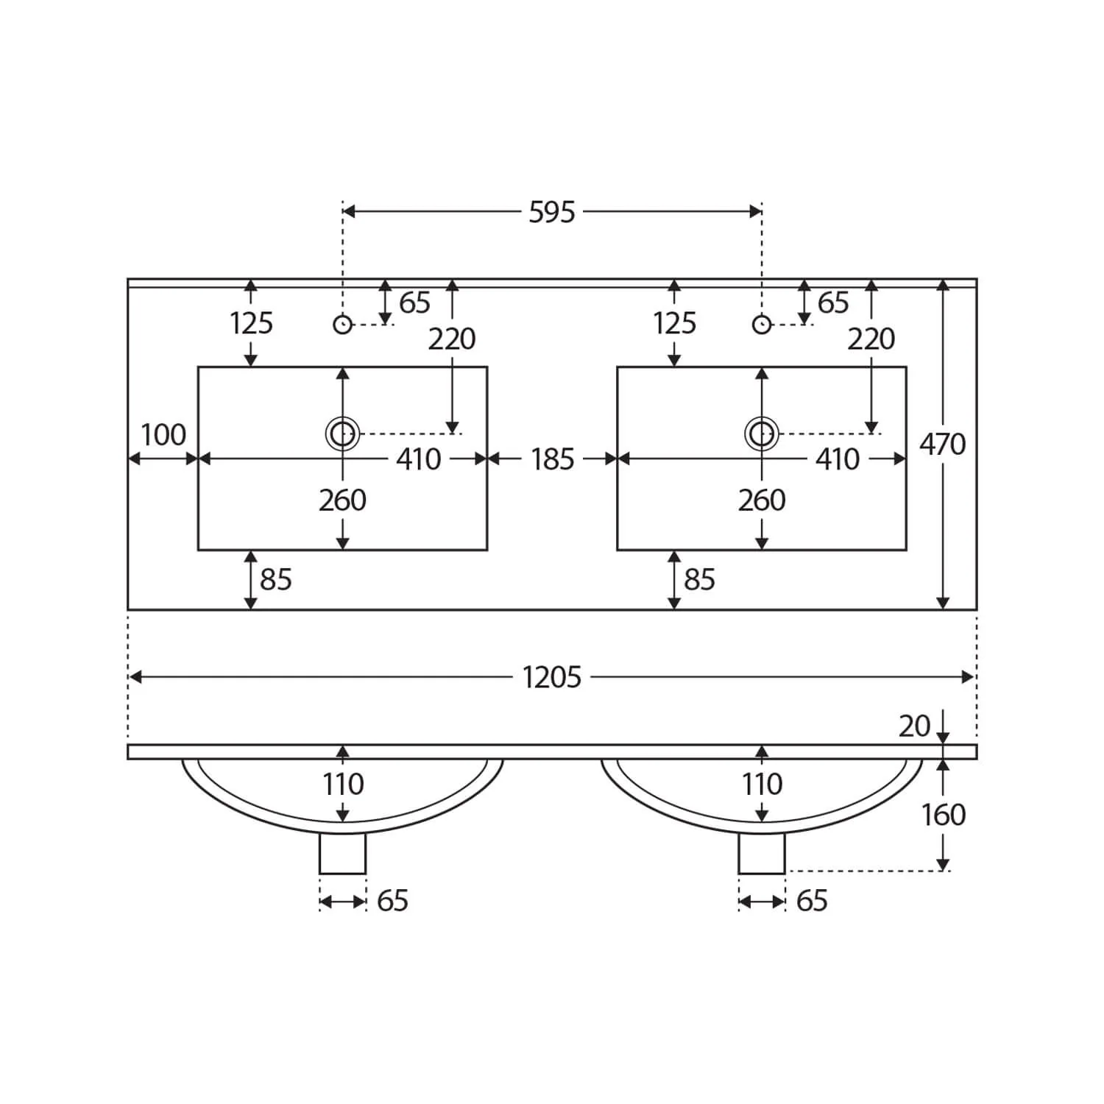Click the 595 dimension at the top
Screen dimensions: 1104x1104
552,212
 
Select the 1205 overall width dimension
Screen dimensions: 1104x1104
552,677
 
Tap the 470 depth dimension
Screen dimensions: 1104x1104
943,445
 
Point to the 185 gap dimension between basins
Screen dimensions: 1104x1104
552,459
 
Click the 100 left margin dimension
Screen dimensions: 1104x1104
163,435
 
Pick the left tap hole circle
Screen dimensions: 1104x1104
342,324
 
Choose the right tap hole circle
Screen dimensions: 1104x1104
762,324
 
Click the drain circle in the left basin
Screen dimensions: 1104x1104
342,434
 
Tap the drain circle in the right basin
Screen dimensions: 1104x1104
762,434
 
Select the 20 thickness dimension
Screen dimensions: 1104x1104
915,726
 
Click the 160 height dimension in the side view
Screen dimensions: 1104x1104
944,815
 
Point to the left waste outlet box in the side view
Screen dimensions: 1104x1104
342,853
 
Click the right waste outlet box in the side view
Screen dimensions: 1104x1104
762,853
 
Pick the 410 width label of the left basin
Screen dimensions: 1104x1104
419,459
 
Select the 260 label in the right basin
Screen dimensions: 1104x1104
762,500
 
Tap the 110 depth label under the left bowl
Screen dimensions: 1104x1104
343,785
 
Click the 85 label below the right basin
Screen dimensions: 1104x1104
699,580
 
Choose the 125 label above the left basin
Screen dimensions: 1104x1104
251,323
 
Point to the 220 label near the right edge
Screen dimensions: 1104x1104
871,339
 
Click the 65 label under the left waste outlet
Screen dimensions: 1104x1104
392,901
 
